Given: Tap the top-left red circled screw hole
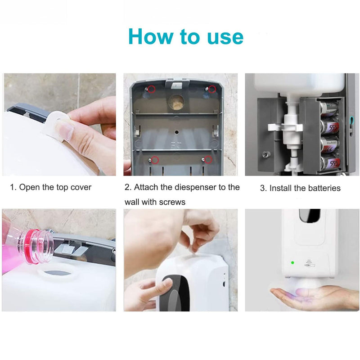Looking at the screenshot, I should click(x=152, y=89).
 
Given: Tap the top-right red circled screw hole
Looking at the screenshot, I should click(x=211, y=89).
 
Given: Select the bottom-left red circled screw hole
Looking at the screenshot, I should click(x=155, y=159).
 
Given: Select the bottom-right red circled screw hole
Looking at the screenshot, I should click(x=208, y=159).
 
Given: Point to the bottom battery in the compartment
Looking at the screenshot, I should click(x=329, y=162).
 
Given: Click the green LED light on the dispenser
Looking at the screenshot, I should click(x=292, y=263).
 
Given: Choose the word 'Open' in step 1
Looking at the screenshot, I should click(x=29, y=187).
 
